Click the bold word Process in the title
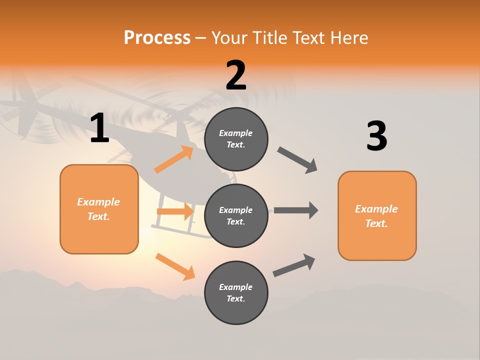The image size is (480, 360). tap(157, 37)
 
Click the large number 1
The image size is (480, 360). tap(99, 128)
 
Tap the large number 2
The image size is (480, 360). tap(236, 75)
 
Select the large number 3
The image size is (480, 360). tap(376, 136)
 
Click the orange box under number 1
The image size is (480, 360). tap(99, 209)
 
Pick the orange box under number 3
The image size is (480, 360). tap(377, 215)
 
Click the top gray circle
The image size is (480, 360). tap(236, 139)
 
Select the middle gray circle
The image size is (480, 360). tap(236, 215)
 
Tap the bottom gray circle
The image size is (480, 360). tap(236, 292)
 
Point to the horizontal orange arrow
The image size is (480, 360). tap(175, 211)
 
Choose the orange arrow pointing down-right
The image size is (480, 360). tap(175, 266)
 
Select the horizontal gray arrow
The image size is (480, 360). tap(295, 210)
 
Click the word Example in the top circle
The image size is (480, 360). tap(236, 133)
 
